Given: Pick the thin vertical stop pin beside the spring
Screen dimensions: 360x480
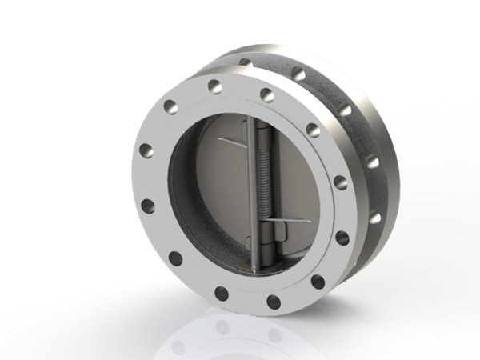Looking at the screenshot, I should [250, 184].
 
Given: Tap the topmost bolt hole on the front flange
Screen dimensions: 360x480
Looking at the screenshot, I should [214, 85].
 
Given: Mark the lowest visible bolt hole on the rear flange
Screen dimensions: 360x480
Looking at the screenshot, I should [374, 217].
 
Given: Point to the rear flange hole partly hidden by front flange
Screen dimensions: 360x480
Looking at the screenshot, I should [245, 62].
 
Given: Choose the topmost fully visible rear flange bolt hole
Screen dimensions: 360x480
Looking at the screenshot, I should [298, 74].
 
